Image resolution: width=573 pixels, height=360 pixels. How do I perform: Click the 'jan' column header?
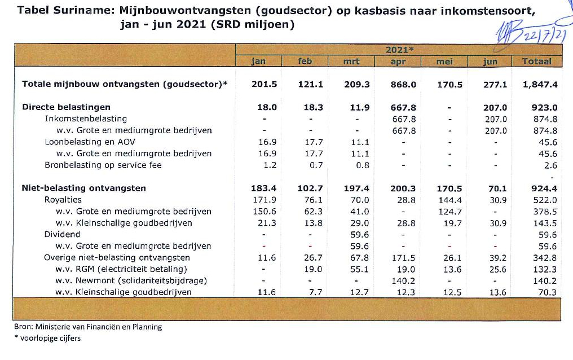pyautogui.click(x=258, y=62)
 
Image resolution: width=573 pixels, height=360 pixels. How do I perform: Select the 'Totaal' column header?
pyautogui.click(x=536, y=62)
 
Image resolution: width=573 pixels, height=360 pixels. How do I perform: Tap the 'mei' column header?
pyautogui.click(x=445, y=62)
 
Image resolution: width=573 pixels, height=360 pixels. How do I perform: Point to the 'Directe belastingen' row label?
pyautogui.click(x=66, y=107)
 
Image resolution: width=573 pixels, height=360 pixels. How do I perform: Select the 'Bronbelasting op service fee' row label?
pyautogui.click(x=103, y=165)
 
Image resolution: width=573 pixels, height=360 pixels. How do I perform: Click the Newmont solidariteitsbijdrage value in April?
pyautogui.click(x=404, y=280)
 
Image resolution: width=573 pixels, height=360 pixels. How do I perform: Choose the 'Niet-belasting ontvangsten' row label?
pyautogui.click(x=83, y=188)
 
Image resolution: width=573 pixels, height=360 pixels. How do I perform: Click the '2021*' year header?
pyautogui.click(x=399, y=50)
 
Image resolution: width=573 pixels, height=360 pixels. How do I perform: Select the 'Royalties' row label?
pyautogui.click(x=63, y=200)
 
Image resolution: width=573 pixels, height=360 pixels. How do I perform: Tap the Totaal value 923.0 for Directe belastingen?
pyautogui.click(x=544, y=107)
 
